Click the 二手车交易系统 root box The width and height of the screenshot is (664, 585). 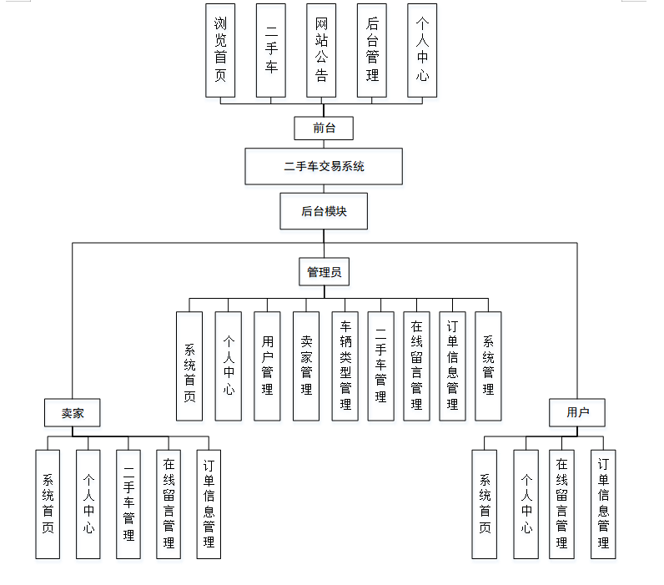(x=324, y=166)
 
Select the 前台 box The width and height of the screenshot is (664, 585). (x=324, y=128)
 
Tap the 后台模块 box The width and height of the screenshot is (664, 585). (x=324, y=212)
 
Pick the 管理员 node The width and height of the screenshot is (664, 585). (x=324, y=271)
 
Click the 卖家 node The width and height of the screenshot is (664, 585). (x=73, y=412)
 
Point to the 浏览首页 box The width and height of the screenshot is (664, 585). (x=220, y=49)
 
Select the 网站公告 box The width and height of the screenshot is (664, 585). (x=322, y=49)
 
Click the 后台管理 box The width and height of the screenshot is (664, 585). (x=373, y=49)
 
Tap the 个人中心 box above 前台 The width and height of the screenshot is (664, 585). (x=423, y=49)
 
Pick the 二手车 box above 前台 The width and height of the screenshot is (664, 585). (x=271, y=49)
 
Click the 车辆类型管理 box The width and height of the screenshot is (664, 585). (x=345, y=366)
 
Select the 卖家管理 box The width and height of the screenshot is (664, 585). (x=306, y=366)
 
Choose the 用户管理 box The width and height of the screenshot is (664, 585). (x=267, y=366)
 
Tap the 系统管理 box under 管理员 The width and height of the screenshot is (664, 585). (x=488, y=366)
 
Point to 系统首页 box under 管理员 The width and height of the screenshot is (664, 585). (x=189, y=366)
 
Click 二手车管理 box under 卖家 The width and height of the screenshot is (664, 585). (x=128, y=504)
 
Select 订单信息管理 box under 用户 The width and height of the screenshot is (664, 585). (x=603, y=504)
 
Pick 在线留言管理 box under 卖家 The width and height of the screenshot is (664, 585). (x=169, y=504)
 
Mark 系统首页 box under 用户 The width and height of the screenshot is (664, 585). (x=484, y=504)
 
